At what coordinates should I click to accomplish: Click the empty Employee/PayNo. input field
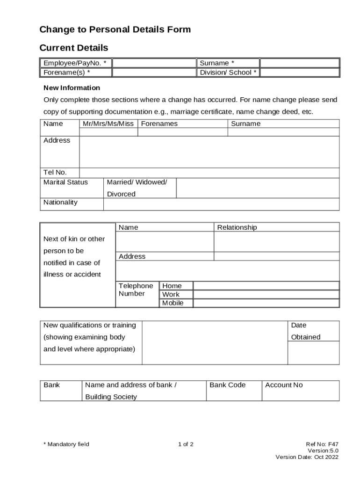pyautogui.click(x=154, y=63)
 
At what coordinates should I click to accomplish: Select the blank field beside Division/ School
pyautogui.click(x=299, y=73)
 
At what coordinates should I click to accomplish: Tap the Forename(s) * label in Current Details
pyautogui.click(x=67, y=73)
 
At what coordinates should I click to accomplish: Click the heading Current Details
pyautogui.click(x=74, y=48)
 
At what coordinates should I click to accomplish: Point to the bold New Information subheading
pyautogui.click(x=72, y=88)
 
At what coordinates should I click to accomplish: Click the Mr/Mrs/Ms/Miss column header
pyautogui.click(x=108, y=124)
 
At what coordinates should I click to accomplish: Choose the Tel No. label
pyautogui.click(x=55, y=173)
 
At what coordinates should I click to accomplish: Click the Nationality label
pyautogui.click(x=61, y=203)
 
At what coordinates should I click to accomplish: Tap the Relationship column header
pyautogui.click(x=237, y=228)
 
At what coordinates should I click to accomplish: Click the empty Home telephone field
pyautogui.click(x=266, y=286)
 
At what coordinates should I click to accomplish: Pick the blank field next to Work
pyautogui.click(x=266, y=295)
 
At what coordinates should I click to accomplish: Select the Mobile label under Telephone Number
pyautogui.click(x=173, y=303)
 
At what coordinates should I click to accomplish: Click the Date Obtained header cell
pyautogui.click(x=306, y=331)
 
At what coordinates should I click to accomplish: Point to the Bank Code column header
pyautogui.click(x=227, y=385)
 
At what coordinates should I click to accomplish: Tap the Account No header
pyautogui.click(x=284, y=385)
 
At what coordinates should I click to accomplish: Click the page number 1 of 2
pyautogui.click(x=186, y=444)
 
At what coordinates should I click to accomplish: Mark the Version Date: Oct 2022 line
pyautogui.click(x=307, y=457)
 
